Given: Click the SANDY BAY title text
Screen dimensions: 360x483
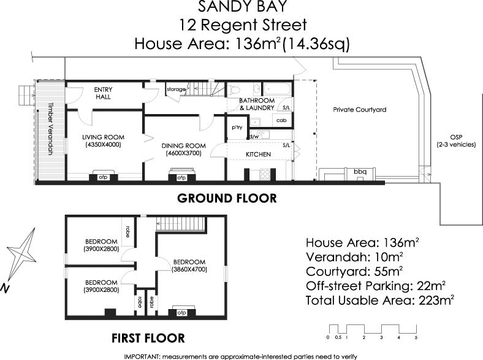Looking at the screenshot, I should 241,8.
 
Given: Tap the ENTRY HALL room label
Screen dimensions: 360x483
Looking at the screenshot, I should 104,93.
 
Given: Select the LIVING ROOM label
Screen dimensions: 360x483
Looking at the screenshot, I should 104,140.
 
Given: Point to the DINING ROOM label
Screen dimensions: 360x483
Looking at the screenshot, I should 183,149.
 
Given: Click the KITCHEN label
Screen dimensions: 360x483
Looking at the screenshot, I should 258,155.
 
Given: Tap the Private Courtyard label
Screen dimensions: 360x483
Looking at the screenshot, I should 359,110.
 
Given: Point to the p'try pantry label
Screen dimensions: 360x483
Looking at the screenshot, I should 237,127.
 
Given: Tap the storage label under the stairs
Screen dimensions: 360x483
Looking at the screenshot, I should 176,90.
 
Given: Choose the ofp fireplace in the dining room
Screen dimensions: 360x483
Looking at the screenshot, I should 181,178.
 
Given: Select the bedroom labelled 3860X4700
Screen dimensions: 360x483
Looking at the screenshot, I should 189,264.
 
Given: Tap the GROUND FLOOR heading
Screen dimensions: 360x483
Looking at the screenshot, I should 227,199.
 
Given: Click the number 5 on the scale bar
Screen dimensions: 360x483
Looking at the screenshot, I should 416,338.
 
